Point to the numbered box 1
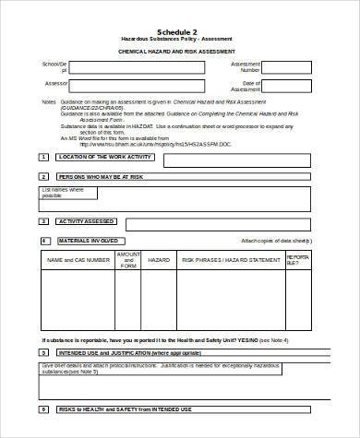click(42, 158)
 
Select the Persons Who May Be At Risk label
click(100, 176)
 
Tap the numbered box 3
click(42, 221)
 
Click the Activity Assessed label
click(86, 221)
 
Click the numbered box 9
click(42, 408)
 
